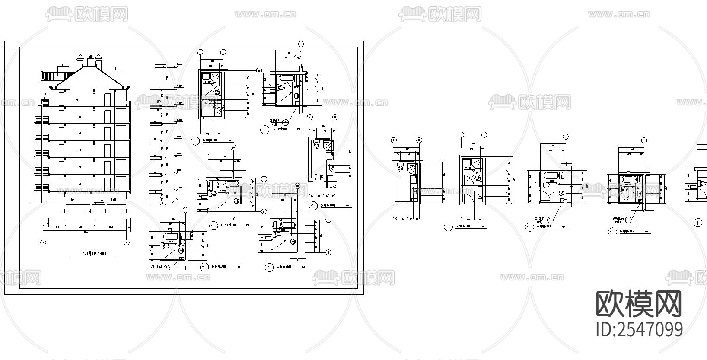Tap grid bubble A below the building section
[43, 242]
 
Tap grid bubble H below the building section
[127, 242]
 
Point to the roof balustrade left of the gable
[50, 77]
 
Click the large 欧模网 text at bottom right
[639, 304]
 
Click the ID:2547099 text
[639, 329]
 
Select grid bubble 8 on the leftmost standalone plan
[419, 140]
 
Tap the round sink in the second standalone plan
[480, 198]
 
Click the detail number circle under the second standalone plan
[448, 226]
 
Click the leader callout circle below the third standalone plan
[551, 220]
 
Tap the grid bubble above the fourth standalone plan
[644, 140]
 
